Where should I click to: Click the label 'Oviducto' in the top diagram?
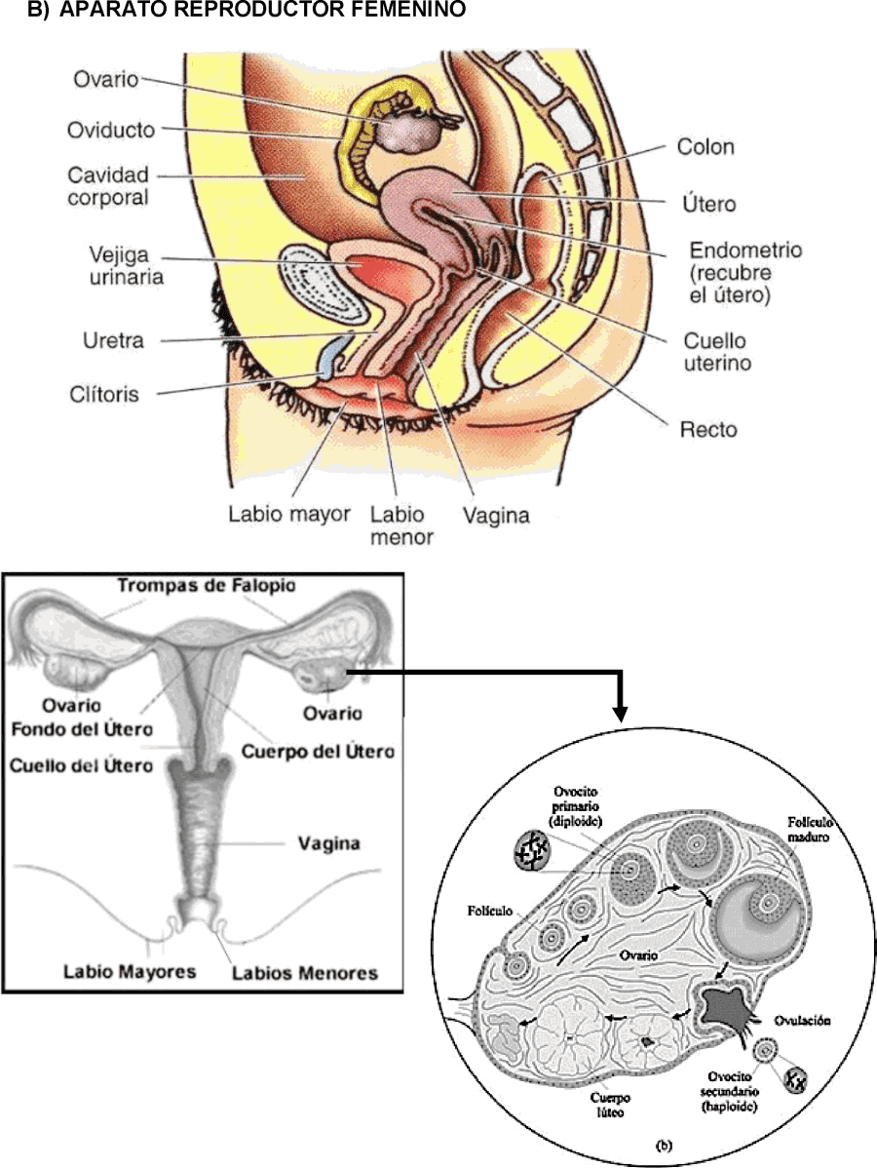[x=110, y=130]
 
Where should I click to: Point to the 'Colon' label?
[x=705, y=148]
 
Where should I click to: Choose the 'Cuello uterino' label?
[x=714, y=353]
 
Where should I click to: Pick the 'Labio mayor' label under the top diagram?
[x=289, y=514]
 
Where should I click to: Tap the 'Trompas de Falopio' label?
[x=207, y=586]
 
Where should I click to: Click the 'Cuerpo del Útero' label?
[x=318, y=752]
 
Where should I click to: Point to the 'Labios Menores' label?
[x=304, y=972]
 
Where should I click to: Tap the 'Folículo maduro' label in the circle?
[x=801, y=830]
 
